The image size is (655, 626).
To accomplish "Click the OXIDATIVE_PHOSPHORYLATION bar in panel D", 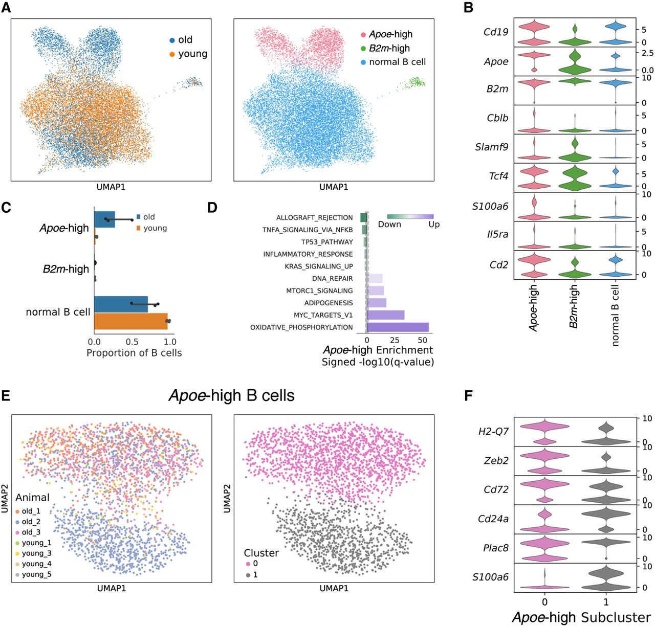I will coord(398,327).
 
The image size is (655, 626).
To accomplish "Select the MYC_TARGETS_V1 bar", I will coord(385,315).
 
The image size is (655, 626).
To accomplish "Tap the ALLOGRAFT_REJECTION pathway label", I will coord(314,217).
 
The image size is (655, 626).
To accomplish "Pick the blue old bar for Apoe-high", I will coord(104,219).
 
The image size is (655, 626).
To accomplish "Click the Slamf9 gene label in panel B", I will coord(491,147).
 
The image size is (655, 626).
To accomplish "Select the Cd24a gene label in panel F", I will coord(493,519).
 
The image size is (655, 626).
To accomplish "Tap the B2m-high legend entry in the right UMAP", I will coord(389,48).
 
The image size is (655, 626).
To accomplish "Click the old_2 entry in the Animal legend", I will coord(31,522).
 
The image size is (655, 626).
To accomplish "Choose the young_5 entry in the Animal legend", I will coord(36,574).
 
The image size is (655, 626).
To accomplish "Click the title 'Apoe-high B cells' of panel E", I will coord(231,395).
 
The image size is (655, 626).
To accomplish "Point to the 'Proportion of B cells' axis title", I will coord(134,353).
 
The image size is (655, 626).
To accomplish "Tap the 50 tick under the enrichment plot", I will coord(423,340).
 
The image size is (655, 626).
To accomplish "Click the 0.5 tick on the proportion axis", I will coord(132,342).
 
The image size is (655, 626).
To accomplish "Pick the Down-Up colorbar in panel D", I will coord(410,216).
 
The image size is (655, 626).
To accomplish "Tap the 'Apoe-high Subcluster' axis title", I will coord(581,617).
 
